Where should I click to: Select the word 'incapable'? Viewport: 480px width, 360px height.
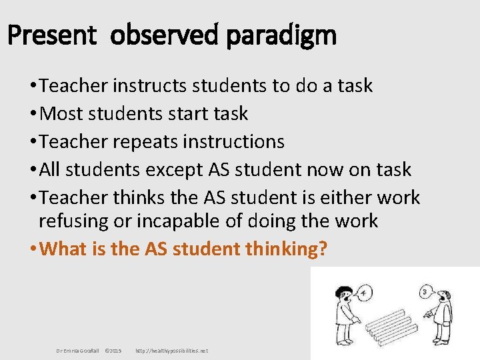point(196,221)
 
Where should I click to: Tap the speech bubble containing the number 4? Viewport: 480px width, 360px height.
point(365,291)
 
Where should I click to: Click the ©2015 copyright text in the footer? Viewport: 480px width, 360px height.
point(113,351)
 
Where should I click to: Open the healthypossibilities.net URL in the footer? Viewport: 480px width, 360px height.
point(171,351)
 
